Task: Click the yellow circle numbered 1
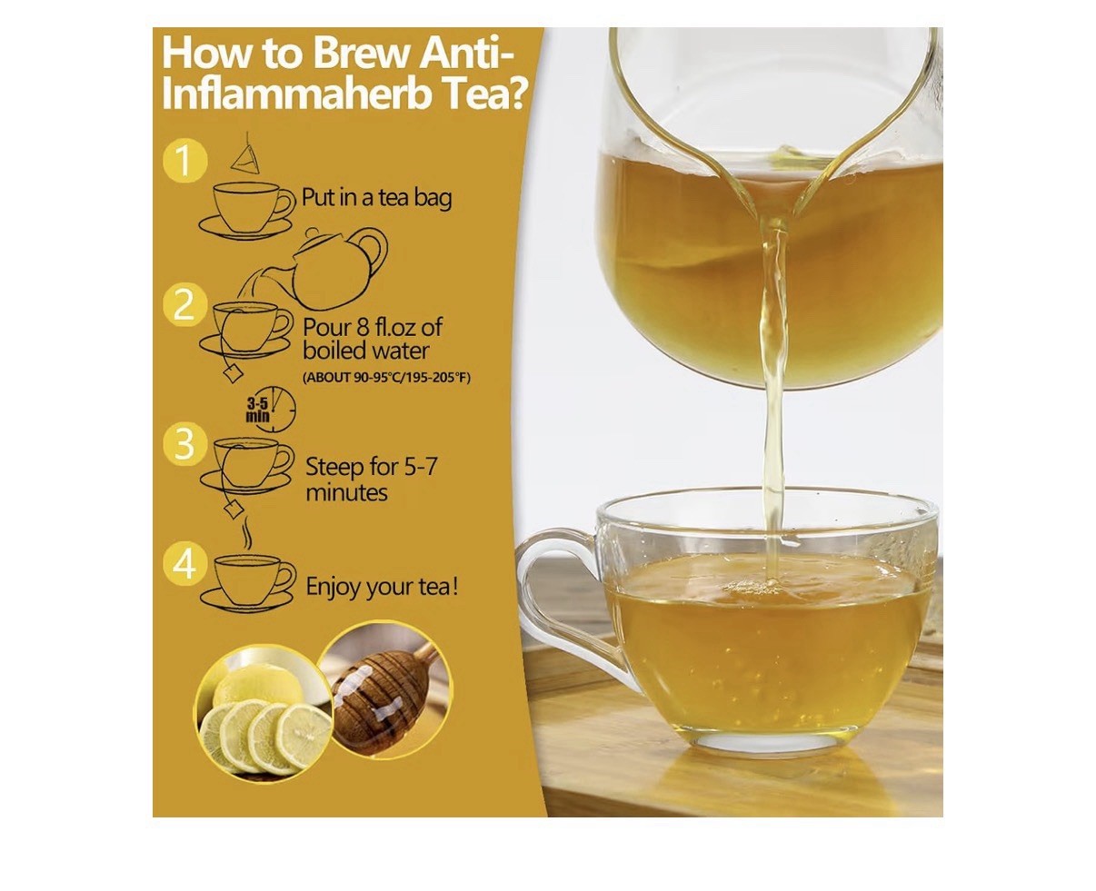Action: click(x=184, y=161)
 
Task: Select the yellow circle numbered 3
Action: click(x=184, y=444)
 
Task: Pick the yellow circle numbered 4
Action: click(x=184, y=565)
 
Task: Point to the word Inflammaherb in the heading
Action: click(x=295, y=94)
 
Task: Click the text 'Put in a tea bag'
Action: click(x=376, y=198)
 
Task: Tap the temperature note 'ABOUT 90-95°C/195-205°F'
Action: click(x=386, y=378)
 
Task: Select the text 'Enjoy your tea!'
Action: click(x=382, y=587)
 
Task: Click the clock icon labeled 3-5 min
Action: click(x=273, y=410)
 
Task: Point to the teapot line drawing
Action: click(x=340, y=268)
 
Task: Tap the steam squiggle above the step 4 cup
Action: click(x=248, y=532)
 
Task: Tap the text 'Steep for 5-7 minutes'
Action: click(x=371, y=480)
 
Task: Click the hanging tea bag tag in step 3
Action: click(x=233, y=509)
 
